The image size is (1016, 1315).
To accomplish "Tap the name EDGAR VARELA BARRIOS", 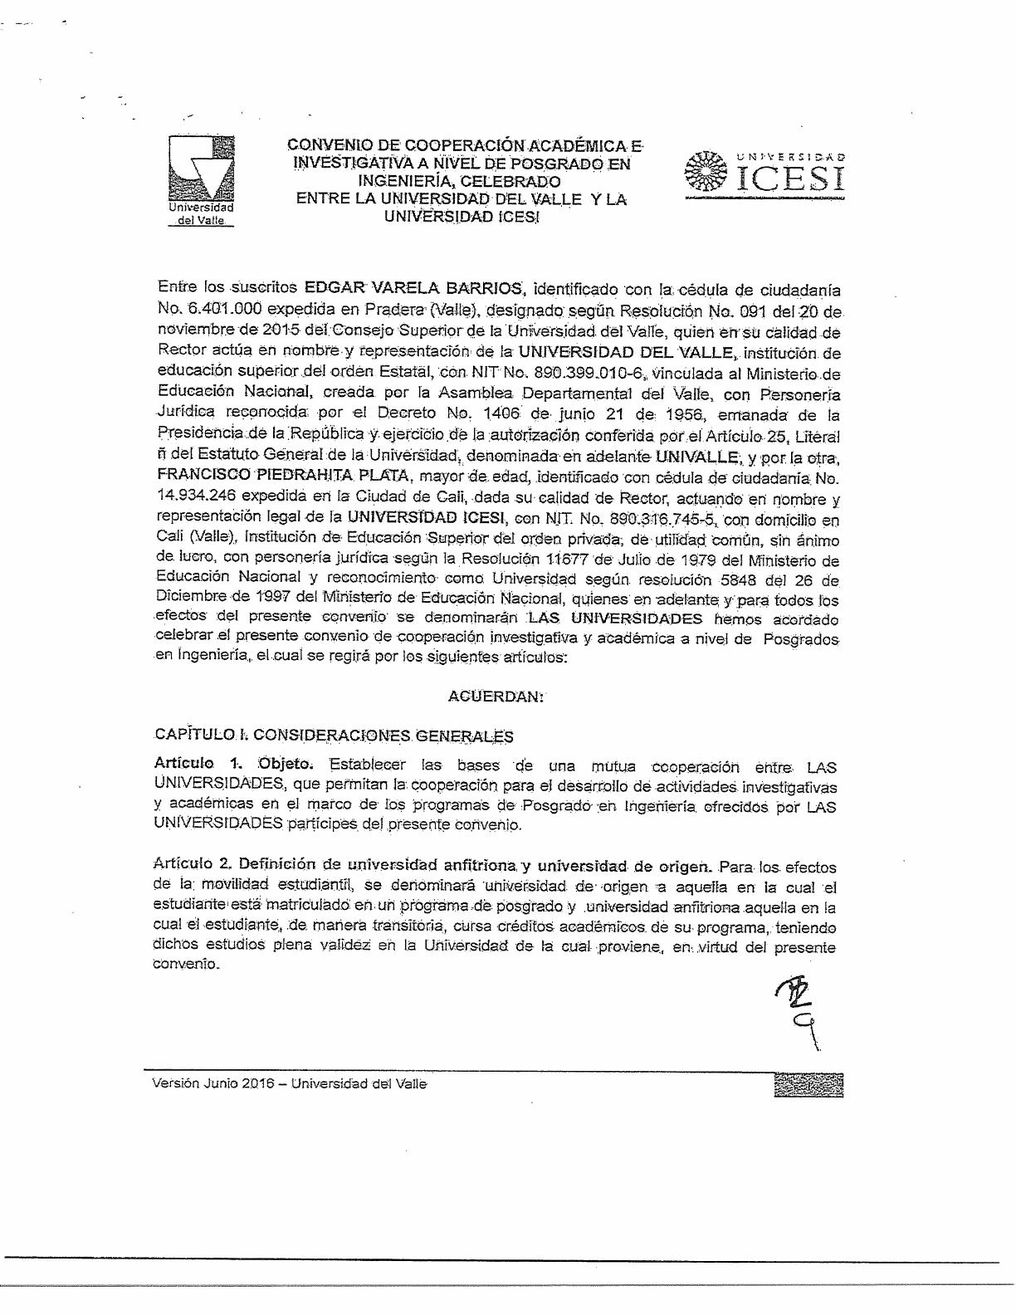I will [413, 290].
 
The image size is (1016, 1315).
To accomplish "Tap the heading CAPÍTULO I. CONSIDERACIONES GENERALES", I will [334, 736].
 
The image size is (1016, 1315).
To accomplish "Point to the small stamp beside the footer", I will [808, 1084].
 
